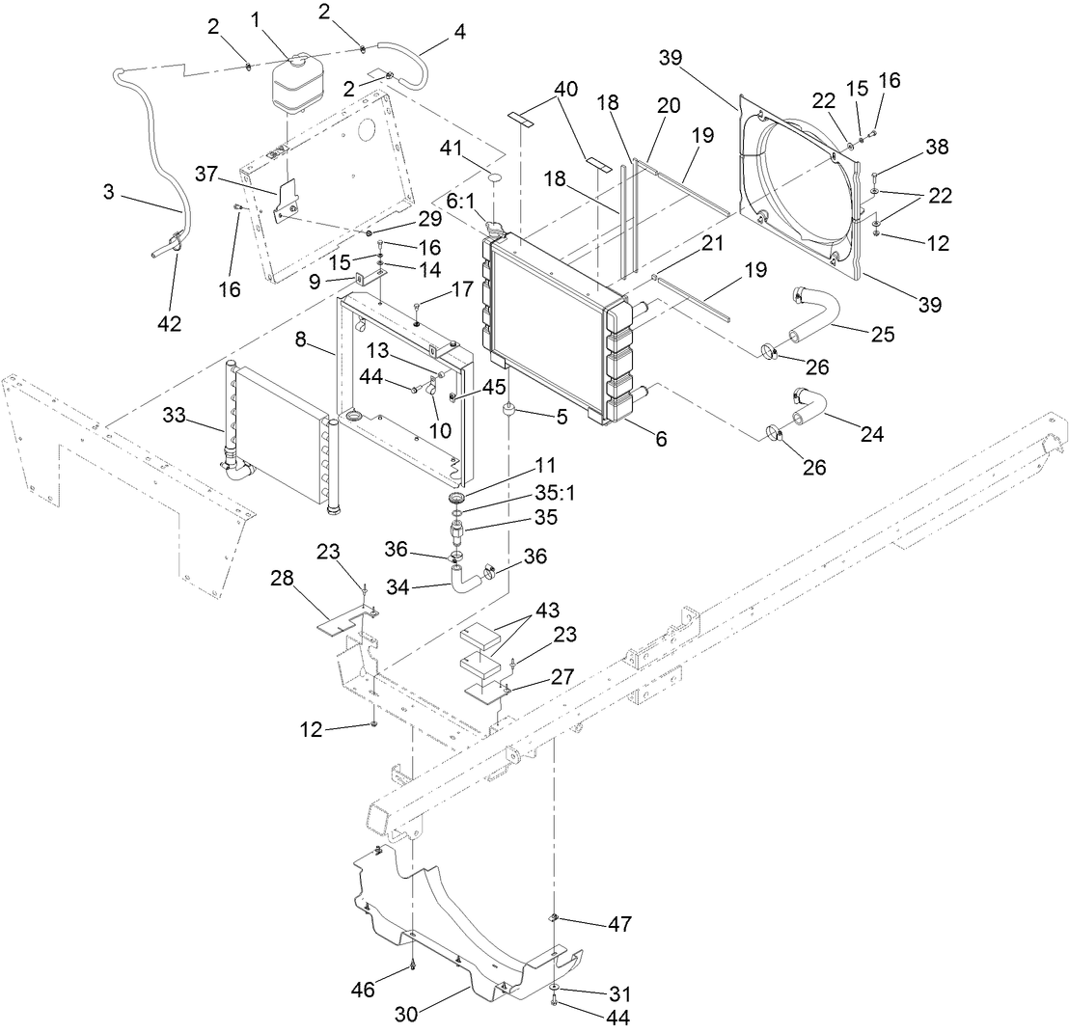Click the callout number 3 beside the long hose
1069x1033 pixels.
click(108, 193)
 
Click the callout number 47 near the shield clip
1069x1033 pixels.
click(618, 924)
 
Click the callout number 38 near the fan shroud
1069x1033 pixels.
click(936, 147)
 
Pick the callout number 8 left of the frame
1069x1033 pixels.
click(300, 339)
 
